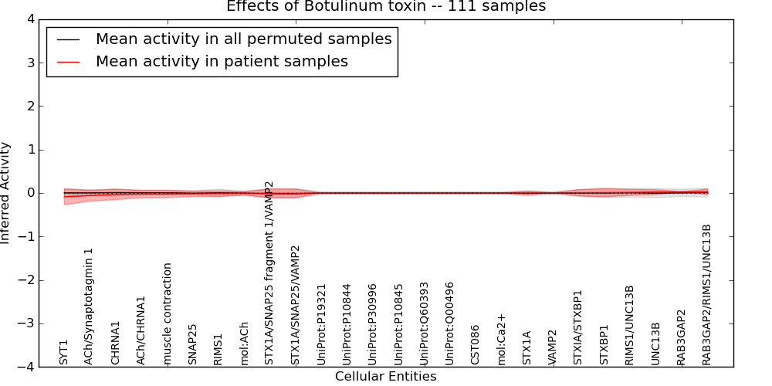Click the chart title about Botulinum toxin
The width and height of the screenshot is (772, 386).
click(385, 6)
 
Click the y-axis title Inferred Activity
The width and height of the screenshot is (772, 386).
click(6, 193)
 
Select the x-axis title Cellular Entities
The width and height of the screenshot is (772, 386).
click(385, 377)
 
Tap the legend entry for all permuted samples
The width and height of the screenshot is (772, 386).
click(243, 39)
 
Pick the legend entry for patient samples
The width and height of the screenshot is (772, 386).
click(222, 62)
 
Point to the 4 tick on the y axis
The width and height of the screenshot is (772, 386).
click(33, 19)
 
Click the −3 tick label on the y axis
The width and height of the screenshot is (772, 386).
click(29, 323)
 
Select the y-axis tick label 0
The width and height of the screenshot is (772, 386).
click(33, 193)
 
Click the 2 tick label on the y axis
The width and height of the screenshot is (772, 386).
click(33, 106)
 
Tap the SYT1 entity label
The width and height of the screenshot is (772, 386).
click(64, 352)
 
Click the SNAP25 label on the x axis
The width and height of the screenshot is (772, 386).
click(193, 344)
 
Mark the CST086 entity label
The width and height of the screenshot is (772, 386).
click(476, 344)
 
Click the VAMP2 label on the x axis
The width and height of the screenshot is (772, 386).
click(553, 347)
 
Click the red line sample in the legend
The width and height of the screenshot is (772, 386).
click(69, 62)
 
